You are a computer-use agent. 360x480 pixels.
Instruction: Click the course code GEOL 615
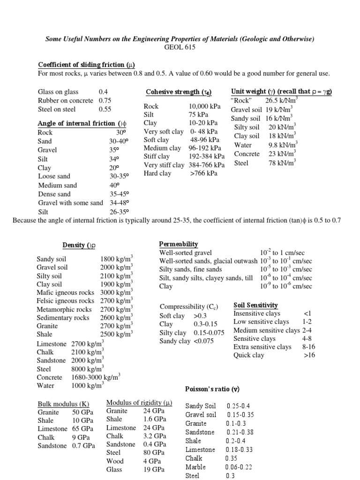[180, 47]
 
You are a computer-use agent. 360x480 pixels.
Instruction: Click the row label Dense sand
[54, 194]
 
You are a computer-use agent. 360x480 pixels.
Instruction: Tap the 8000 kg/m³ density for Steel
[88, 369]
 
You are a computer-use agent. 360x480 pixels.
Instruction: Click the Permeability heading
[179, 244]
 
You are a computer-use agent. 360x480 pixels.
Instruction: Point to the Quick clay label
[249, 355]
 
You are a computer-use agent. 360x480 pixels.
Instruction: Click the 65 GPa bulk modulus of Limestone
[82, 429]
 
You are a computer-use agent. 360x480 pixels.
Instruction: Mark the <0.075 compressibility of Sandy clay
[203, 341]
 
